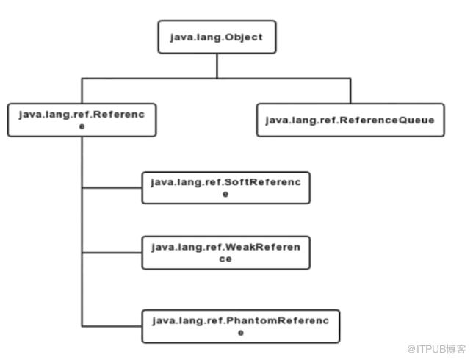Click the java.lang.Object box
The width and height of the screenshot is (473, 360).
[217, 37]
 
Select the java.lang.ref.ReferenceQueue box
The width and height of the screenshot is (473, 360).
[350, 120]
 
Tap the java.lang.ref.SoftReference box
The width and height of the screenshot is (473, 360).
[226, 187]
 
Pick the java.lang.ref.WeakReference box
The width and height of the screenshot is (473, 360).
[226, 253]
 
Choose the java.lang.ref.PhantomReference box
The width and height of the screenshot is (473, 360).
[241, 326]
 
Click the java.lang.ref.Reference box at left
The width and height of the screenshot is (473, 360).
[82, 120]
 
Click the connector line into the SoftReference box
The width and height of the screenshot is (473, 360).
[112, 187]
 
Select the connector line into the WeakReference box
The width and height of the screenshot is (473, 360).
[112, 253]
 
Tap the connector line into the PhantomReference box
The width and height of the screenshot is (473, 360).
[112, 326]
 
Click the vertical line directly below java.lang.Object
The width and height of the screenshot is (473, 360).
[217, 66]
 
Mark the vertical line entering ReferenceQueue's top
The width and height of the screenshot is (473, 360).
[350, 91]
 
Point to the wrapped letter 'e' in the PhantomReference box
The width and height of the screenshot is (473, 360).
[241, 333]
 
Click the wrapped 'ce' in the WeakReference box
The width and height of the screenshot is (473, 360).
[225, 259]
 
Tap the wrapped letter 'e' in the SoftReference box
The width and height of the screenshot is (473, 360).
[225, 195]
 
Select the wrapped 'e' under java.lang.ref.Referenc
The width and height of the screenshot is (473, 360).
[82, 126]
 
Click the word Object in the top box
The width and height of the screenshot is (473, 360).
[244, 37]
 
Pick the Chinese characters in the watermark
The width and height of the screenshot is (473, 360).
[456, 349]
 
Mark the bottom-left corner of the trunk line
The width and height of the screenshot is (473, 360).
[82, 326]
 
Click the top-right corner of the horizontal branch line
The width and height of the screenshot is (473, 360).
[350, 79]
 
